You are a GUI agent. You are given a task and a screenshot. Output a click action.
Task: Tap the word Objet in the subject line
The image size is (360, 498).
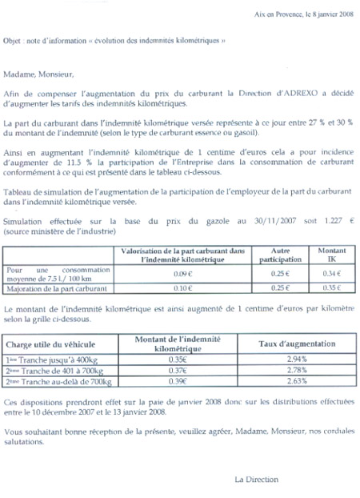point(14,38)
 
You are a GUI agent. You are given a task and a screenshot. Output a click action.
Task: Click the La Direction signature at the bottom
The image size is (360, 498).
point(256,480)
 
